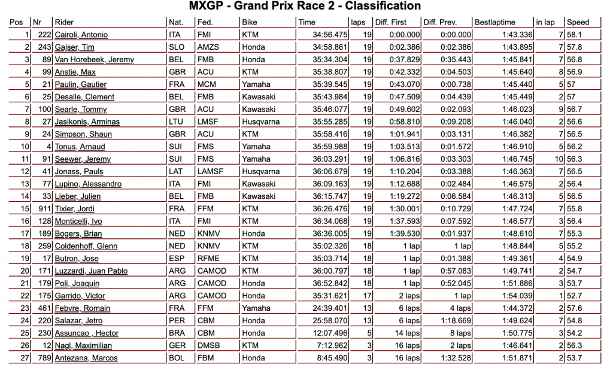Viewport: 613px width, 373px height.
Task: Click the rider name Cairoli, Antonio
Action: tap(81, 35)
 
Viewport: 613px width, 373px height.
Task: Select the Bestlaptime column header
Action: tap(494, 22)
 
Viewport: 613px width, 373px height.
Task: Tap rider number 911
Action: tap(43, 208)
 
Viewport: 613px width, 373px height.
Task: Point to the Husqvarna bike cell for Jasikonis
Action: tap(261, 122)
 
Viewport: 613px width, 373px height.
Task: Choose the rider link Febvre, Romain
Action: tap(82, 308)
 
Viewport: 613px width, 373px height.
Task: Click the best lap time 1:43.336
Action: tap(515, 35)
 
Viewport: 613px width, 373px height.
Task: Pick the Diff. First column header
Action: tap(391, 22)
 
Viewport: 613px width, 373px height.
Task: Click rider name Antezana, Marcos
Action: tap(86, 358)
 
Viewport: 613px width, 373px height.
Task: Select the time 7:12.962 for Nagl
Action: tap(332, 345)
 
